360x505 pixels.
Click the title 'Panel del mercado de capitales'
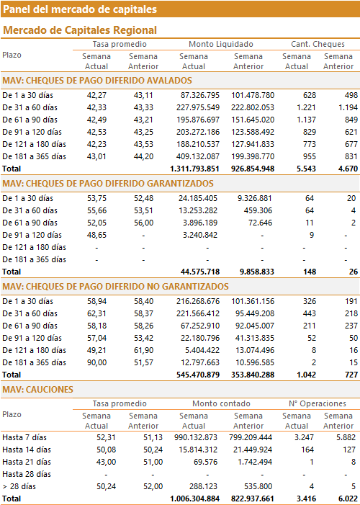click(x=80, y=9)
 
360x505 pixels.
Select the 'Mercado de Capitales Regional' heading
click(x=80, y=30)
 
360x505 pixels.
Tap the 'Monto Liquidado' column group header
click(x=221, y=44)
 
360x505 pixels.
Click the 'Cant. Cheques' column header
click(x=318, y=44)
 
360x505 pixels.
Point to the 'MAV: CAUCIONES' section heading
click(x=37, y=390)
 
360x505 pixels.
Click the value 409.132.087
click(x=198, y=156)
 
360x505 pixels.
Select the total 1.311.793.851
click(x=195, y=169)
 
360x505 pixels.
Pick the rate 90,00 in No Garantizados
click(x=96, y=362)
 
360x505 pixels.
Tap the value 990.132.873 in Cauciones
click(x=196, y=437)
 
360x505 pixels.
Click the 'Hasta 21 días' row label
click(x=27, y=462)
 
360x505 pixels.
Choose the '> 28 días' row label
click(x=19, y=486)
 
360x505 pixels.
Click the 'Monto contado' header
click(x=221, y=403)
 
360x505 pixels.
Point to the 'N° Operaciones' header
click(x=318, y=403)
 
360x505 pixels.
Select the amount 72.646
click(x=259, y=223)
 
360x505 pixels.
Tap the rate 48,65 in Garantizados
click(x=96, y=235)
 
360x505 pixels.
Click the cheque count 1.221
click(x=306, y=107)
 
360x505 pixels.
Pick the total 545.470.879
click(x=198, y=375)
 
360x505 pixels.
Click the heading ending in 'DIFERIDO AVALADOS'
click(x=97, y=81)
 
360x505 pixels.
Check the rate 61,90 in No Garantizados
click(x=143, y=350)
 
